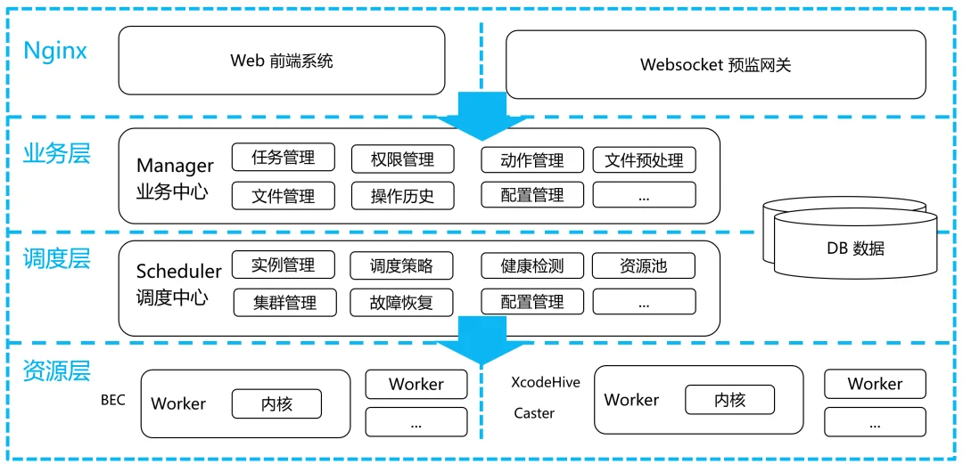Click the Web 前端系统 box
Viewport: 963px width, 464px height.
click(282, 61)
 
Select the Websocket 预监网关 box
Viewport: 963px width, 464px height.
click(715, 64)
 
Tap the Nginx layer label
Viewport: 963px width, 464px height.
click(55, 50)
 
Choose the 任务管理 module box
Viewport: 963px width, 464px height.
click(284, 158)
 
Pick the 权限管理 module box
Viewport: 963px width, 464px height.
click(403, 159)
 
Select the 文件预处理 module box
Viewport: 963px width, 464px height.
click(644, 160)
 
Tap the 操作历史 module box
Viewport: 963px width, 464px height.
click(403, 196)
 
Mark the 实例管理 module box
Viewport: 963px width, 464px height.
click(284, 265)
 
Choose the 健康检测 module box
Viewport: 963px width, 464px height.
click(532, 265)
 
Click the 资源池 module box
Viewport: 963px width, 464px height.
click(644, 265)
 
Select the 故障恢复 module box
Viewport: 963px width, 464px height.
click(402, 302)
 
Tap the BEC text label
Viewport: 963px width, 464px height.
click(113, 399)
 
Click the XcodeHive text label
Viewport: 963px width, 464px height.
click(546, 382)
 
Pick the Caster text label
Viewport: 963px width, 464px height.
click(534, 413)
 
